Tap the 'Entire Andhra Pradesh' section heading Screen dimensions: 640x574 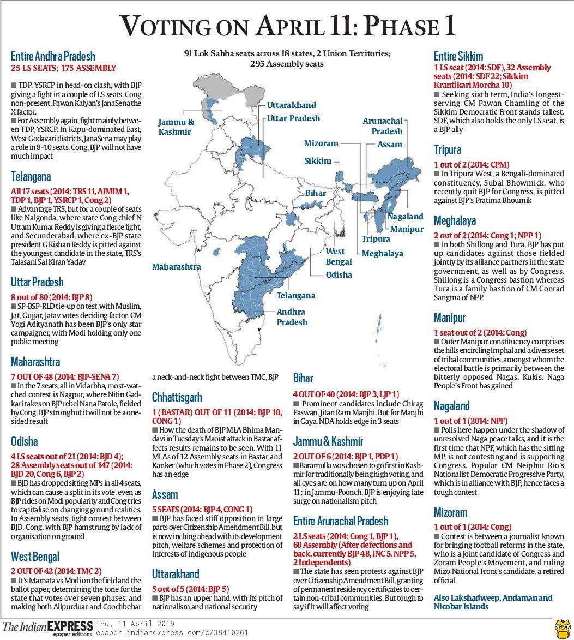click(x=53, y=56)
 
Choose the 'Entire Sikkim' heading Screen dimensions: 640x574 click(x=458, y=56)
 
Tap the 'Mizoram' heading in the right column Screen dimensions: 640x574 click(x=451, y=512)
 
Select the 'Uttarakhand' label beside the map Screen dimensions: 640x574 click(x=291, y=105)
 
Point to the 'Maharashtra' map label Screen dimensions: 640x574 click(x=176, y=267)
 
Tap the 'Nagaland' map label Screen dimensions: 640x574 click(x=405, y=217)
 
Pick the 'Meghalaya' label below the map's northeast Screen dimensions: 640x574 click(x=382, y=254)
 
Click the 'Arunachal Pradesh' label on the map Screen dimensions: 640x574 click(x=383, y=126)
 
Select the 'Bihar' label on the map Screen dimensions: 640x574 click(x=316, y=193)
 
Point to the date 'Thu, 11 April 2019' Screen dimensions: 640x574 click(x=135, y=624)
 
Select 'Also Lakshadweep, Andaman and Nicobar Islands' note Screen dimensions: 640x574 click(x=493, y=602)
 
